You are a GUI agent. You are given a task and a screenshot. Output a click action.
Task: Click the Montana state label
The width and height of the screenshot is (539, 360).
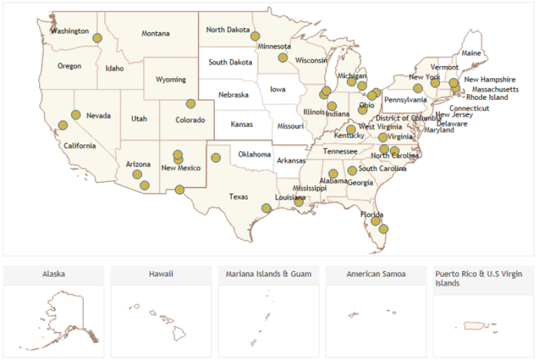coord(156,34)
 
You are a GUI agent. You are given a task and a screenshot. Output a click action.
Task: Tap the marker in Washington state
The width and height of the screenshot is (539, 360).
coord(97,38)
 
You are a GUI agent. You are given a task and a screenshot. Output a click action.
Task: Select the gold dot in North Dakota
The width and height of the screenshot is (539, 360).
coord(255,36)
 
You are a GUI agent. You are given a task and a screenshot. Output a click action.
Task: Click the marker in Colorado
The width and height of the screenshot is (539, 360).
coord(191,104)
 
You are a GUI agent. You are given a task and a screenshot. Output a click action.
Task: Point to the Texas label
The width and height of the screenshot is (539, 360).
coord(239,197)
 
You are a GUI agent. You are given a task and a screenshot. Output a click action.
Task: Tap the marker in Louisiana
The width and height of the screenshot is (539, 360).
coord(298,202)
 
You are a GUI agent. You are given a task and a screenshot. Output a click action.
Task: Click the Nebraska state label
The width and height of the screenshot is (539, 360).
coord(233,95)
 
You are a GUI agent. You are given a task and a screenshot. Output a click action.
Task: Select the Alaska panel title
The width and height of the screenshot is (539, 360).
coord(54,274)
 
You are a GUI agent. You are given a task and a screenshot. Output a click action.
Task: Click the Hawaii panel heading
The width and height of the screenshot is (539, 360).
coord(161,274)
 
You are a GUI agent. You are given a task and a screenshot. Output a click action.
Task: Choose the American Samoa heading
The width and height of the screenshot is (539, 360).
coord(375,274)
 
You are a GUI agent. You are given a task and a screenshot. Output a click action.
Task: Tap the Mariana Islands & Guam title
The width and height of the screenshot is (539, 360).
coord(268,274)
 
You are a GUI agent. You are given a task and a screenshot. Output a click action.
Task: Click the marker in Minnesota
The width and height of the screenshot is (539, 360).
coord(283,57)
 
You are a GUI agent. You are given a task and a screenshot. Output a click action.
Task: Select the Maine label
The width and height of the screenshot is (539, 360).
coord(471,53)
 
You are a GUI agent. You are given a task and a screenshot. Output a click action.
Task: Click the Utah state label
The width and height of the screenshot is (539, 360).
coord(139,119)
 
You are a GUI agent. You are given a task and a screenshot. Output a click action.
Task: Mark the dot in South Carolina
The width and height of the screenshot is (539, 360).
coord(352,171)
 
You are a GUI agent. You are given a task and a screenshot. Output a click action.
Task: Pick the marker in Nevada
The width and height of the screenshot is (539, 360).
coord(76,115)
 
